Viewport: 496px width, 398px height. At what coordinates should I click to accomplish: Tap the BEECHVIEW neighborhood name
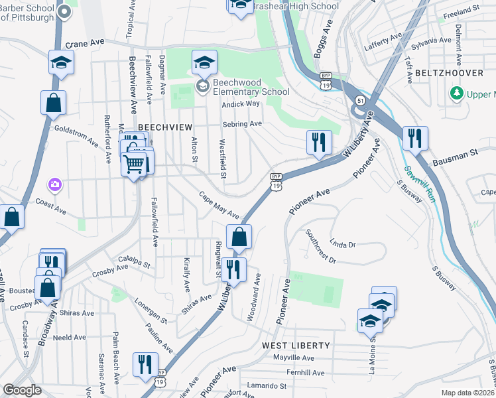[x=165, y=127]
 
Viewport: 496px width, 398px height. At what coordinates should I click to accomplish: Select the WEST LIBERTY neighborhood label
[x=296, y=346]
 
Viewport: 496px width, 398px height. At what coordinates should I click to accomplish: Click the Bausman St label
[x=455, y=157]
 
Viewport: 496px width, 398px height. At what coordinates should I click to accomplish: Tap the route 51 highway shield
[x=359, y=99]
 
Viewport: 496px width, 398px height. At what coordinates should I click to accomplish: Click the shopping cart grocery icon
[x=134, y=163]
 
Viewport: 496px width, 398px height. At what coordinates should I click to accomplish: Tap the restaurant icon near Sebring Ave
[x=319, y=143]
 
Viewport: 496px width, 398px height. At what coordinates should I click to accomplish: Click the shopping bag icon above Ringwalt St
[x=239, y=237]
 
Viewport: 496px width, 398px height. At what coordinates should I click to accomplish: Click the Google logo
[x=22, y=390]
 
